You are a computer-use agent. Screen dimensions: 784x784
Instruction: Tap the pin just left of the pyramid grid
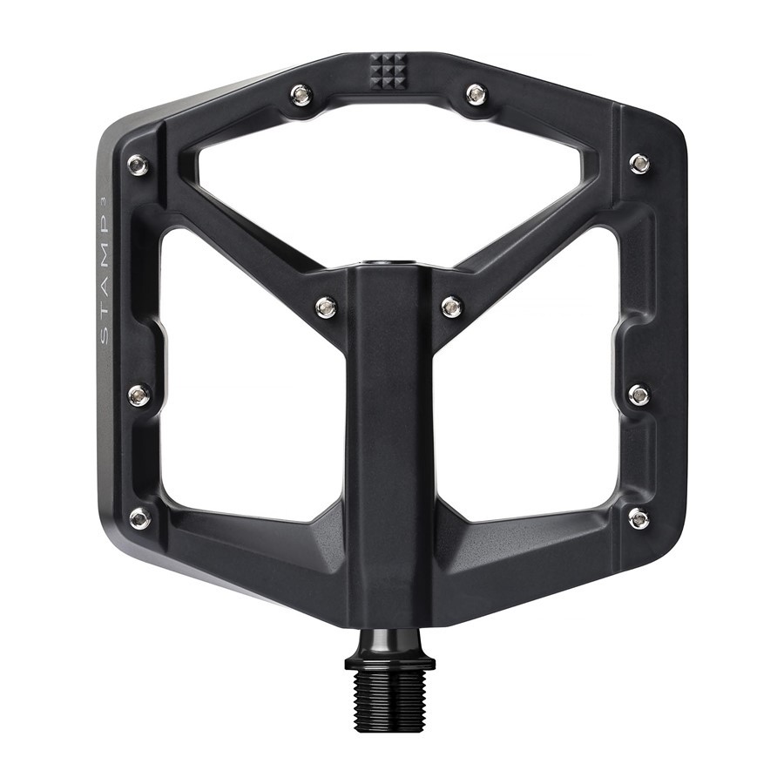(x=301, y=94)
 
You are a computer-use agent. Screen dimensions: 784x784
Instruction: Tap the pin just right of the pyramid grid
(x=476, y=93)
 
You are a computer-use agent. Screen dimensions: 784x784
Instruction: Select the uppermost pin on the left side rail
(x=138, y=165)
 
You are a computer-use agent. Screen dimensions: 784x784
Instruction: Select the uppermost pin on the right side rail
(x=639, y=164)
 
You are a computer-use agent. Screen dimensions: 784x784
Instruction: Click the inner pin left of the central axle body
(x=326, y=307)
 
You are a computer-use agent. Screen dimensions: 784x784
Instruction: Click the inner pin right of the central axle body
(x=452, y=306)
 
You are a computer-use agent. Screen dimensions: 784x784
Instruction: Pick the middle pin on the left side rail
(x=139, y=395)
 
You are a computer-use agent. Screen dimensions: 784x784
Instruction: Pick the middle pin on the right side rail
(x=639, y=395)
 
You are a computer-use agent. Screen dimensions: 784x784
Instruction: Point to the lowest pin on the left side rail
(x=140, y=518)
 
